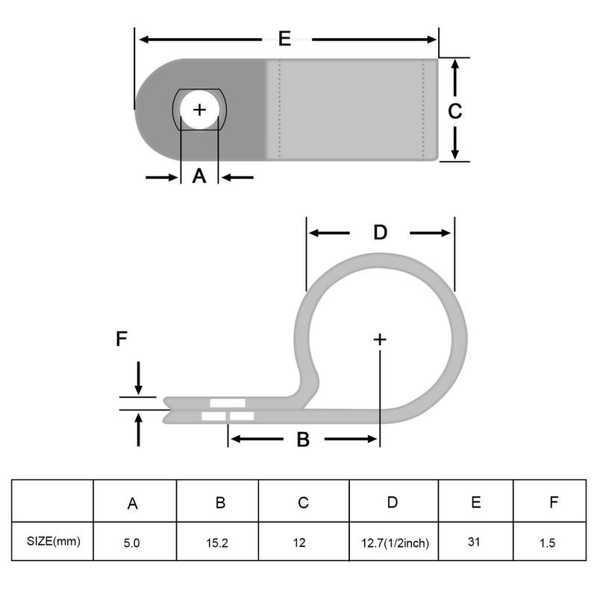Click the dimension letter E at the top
(x=284, y=39)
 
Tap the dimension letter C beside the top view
(x=454, y=110)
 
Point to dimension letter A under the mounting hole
(x=199, y=177)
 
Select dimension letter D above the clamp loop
(x=380, y=233)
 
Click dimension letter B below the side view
(x=303, y=440)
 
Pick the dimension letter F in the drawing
(x=122, y=340)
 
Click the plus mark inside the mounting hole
(x=199, y=110)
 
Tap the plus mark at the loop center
(x=380, y=340)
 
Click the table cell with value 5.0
(x=133, y=543)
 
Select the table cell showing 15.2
(x=217, y=543)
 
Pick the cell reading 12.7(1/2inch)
(x=393, y=543)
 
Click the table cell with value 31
(x=475, y=543)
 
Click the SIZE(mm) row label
(x=53, y=541)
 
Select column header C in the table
(x=303, y=502)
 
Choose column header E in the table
(x=475, y=501)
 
